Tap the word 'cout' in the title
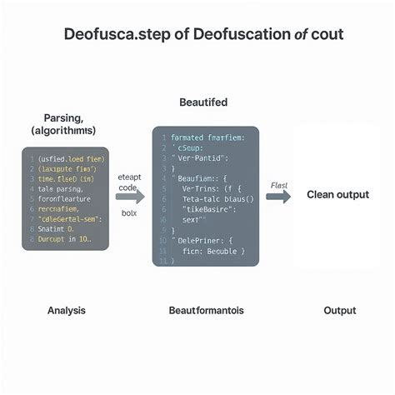(x=326, y=36)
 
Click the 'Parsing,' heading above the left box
(x=62, y=118)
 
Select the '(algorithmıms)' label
(x=63, y=132)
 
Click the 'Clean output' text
(x=337, y=195)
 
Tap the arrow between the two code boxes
(x=130, y=197)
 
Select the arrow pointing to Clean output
(x=278, y=197)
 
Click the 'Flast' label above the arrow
(x=279, y=186)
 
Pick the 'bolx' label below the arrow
(x=129, y=213)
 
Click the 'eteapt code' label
(x=130, y=182)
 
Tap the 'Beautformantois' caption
(x=206, y=310)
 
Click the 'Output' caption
(x=340, y=310)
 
